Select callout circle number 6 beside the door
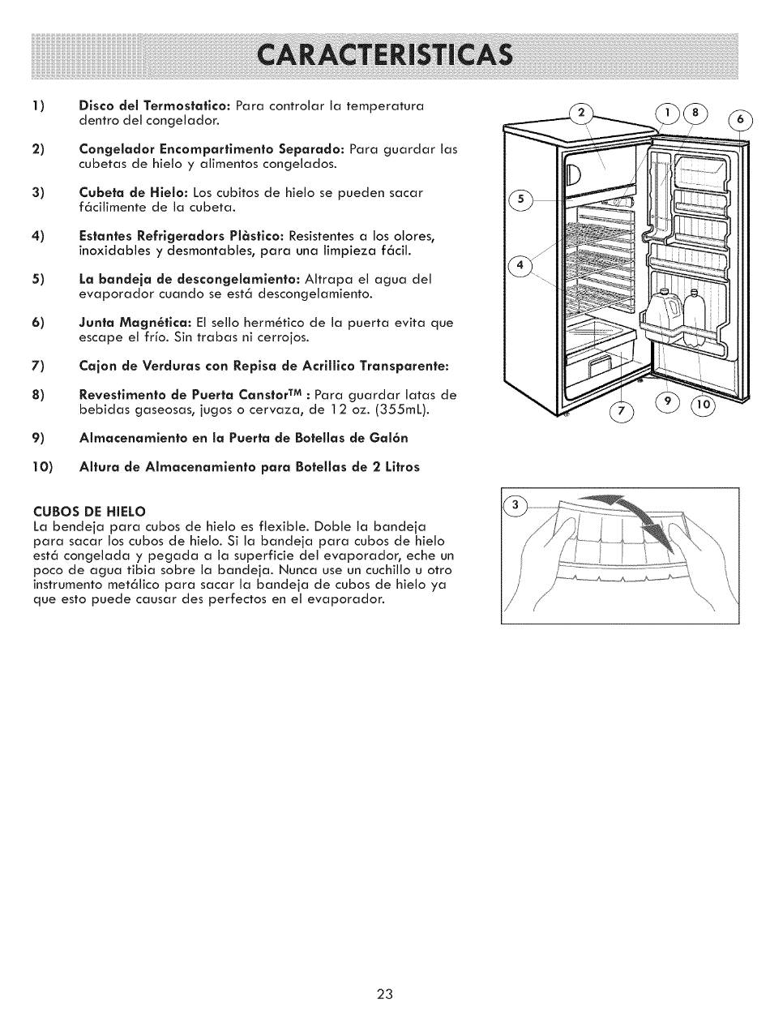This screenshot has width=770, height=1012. click(742, 119)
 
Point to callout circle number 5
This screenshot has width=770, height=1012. click(520, 200)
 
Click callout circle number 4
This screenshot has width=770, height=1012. click(520, 265)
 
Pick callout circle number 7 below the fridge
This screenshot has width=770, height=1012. click(622, 412)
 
